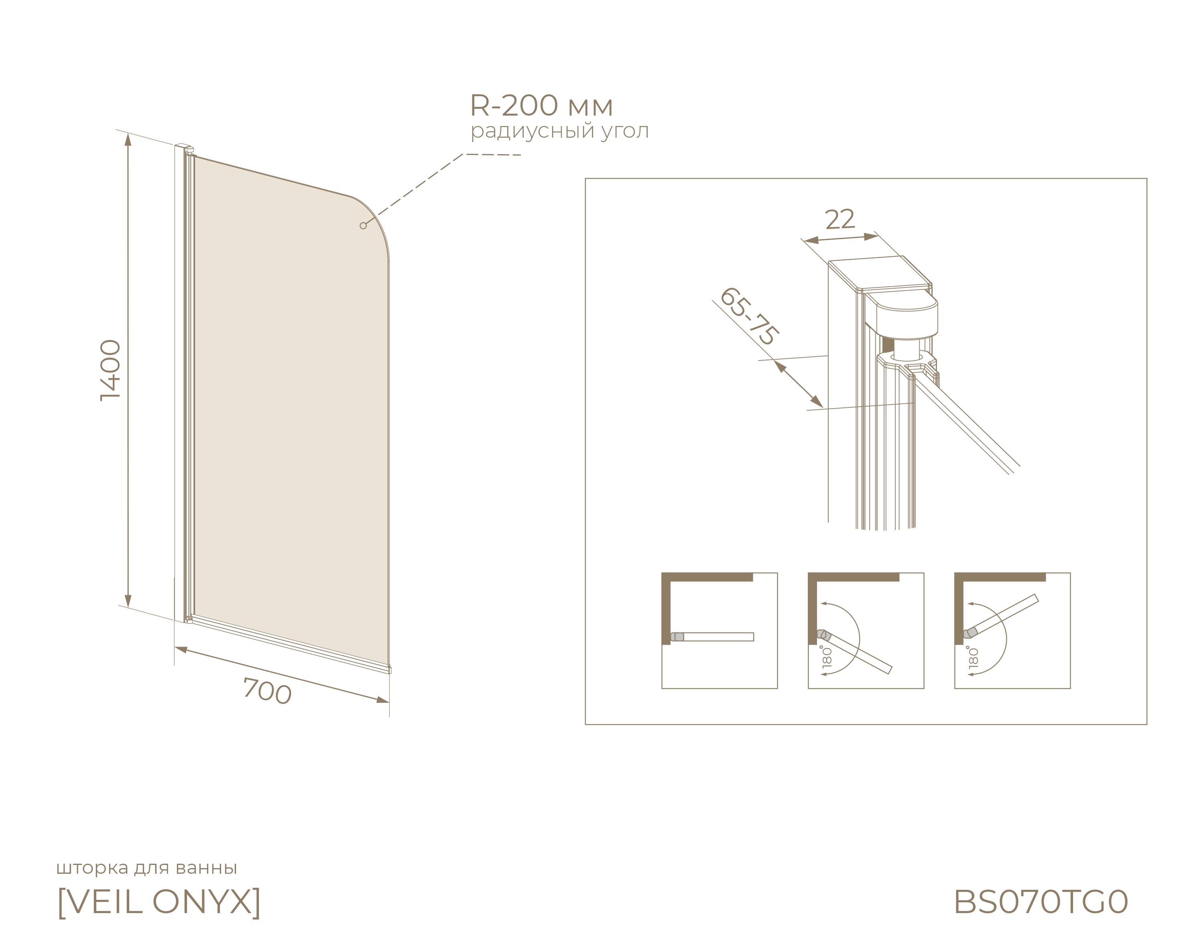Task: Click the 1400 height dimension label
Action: point(110,370)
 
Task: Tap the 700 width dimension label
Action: point(267,691)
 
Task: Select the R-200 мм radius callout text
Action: point(541,105)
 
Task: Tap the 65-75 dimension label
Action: point(748,316)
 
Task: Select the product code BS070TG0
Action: point(1041,902)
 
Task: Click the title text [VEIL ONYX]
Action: point(159,902)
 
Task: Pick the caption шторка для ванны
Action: point(147,868)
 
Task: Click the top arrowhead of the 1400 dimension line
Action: point(128,140)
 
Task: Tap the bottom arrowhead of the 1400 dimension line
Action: point(128,601)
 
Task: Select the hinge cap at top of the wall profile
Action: point(189,149)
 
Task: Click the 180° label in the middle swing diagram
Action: point(827,657)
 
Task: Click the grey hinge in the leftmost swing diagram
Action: point(677,637)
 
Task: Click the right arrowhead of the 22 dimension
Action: point(871,237)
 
